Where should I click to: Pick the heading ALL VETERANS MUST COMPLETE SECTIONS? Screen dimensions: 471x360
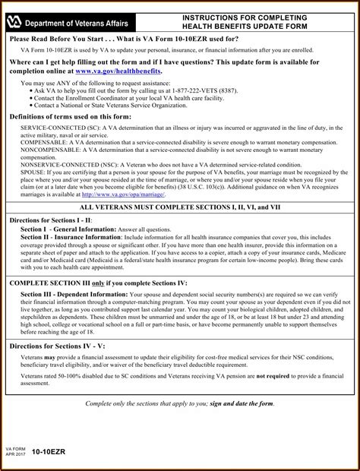tap(181, 207)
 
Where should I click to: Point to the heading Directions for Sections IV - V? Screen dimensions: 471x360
tap(59, 346)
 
